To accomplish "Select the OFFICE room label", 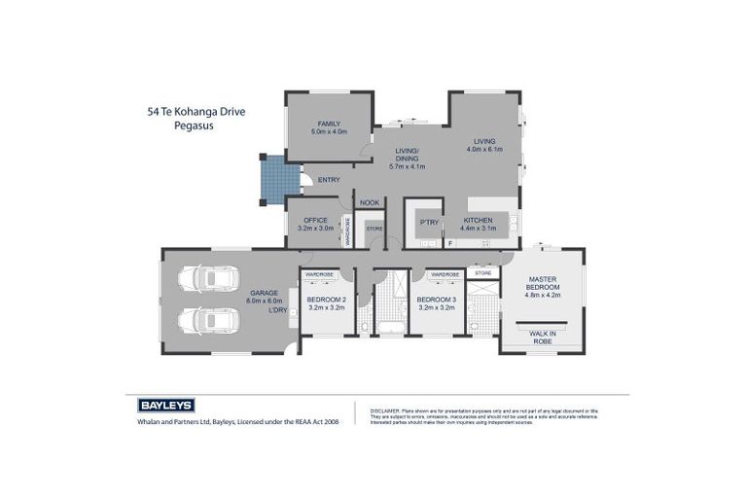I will point(315,221).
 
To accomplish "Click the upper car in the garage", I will point(208,280).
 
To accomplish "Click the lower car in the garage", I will point(208,320).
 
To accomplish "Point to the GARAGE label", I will point(264,293).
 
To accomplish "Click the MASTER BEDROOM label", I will point(543,284).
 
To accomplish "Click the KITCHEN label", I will point(479,221).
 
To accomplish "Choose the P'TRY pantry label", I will point(429,222).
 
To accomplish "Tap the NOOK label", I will point(370,202).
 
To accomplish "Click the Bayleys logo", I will point(160,405).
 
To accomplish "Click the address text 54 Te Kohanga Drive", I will point(189,112).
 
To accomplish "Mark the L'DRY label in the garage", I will point(277,310).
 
